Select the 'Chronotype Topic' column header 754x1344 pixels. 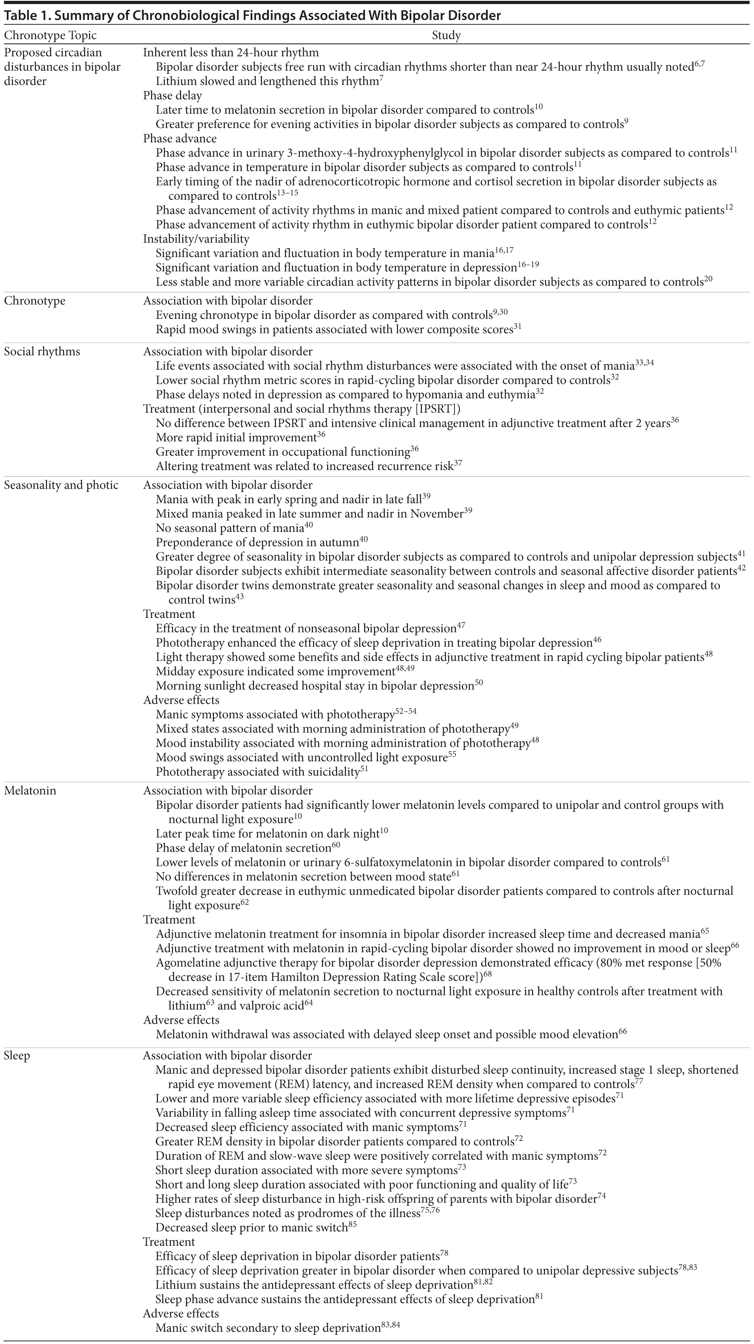tap(50, 36)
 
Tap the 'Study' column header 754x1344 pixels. tap(446, 36)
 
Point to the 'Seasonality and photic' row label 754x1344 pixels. tap(61, 485)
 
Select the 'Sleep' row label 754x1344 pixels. tap(17, 1055)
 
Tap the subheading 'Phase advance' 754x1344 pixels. tap(180, 139)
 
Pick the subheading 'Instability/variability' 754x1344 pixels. tap(196, 239)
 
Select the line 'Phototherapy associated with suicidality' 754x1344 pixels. tap(258, 772)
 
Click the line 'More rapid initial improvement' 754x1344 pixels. tap(236, 438)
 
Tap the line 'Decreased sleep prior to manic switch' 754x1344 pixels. tap(252, 1228)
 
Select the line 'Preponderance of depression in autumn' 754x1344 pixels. tap(258, 543)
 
